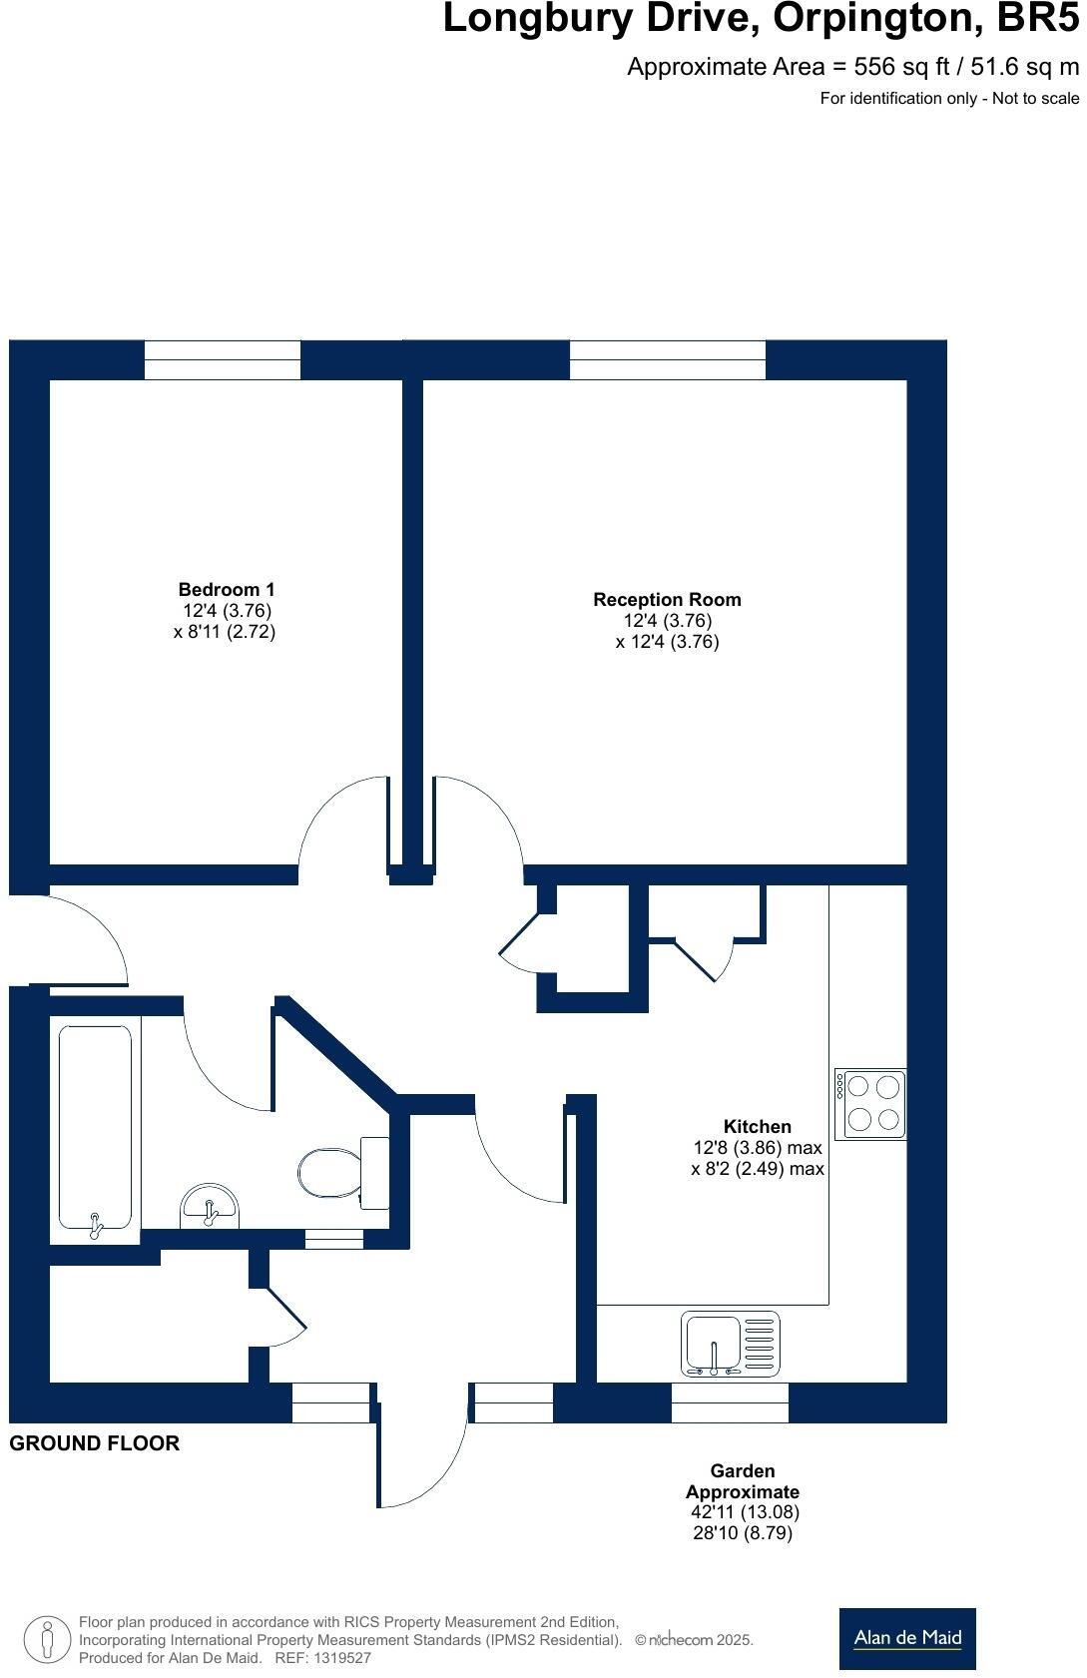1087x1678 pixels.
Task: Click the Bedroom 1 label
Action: pos(226,590)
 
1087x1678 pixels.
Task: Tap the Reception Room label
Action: pos(667,600)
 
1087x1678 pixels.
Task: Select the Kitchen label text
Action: pos(758,1126)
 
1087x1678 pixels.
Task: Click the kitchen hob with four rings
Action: pos(871,1104)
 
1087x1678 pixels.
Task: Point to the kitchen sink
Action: pos(732,1344)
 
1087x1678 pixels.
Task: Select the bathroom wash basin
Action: pos(209,1206)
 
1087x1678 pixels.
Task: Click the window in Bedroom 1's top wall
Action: pos(223,359)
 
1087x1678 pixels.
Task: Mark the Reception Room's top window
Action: pos(667,359)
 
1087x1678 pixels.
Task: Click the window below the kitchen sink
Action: pos(730,1402)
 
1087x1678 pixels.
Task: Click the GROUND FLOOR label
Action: pos(95,1443)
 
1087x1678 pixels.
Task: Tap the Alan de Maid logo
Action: pos(906,1638)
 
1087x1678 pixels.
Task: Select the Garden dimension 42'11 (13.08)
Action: pos(745,1512)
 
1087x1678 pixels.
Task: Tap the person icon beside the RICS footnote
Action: pos(46,1640)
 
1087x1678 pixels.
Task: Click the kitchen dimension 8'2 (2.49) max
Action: pos(758,1169)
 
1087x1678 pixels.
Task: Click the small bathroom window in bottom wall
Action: pos(334,1239)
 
